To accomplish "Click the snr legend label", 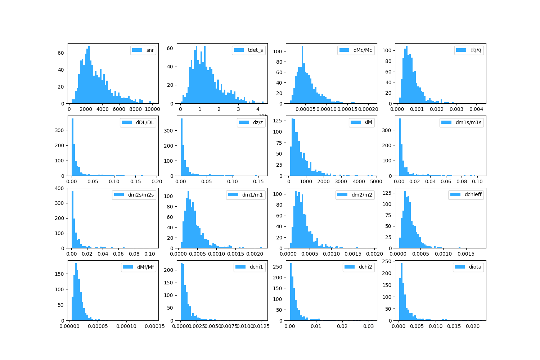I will pyautogui.click(x=150, y=50).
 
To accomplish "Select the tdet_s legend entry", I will pyautogui.click(x=255, y=50).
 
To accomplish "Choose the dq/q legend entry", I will pyautogui.click(x=476, y=50).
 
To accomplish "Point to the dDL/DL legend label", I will pyautogui.click(x=145, y=122).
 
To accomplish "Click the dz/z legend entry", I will pyautogui.click(x=258, y=122).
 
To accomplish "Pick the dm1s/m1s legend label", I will pyautogui.click(x=468, y=122).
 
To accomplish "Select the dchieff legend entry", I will pyautogui.click(x=473, y=195).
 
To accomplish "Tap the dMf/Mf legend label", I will pyautogui.click(x=145, y=267).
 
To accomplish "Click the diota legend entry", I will pyautogui.click(x=475, y=267).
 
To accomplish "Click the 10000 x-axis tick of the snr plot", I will pyautogui.click(x=152, y=109).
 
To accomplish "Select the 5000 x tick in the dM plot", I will pyautogui.click(x=376, y=181).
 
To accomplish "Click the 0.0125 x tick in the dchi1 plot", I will pyautogui.click(x=261, y=326).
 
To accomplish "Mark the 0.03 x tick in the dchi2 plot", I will pyautogui.click(x=368, y=326).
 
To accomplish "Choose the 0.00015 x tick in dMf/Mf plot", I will pyautogui.click(x=154, y=326).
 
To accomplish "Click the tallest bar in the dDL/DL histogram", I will pyautogui.click(x=72, y=148).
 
